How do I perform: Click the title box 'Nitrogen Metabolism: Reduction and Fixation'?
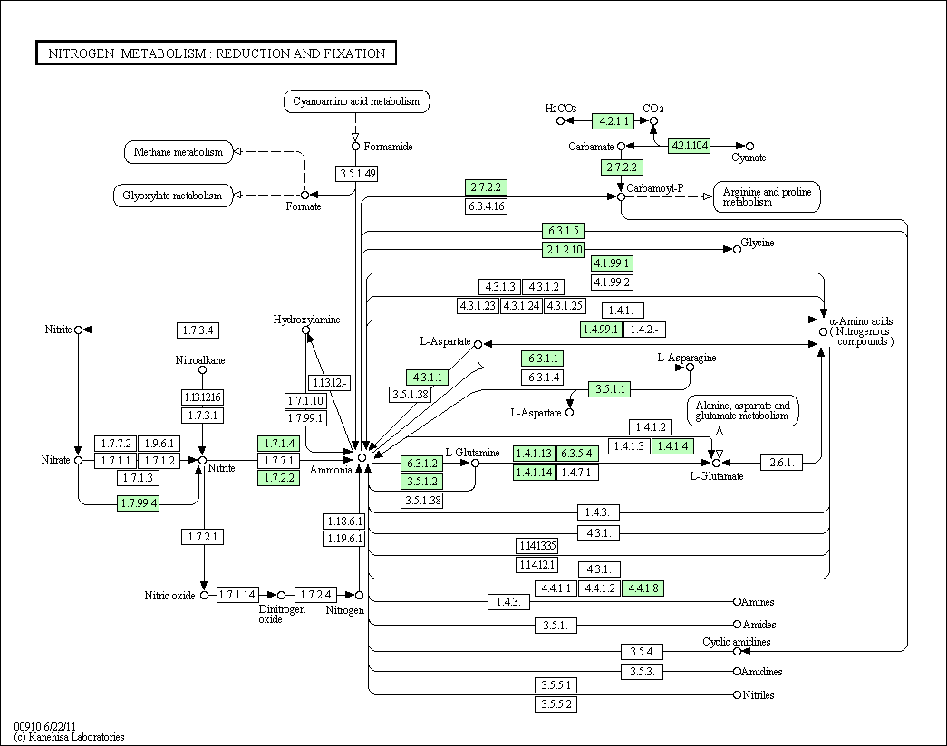tap(216, 53)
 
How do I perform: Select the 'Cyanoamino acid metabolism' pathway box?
tap(356, 101)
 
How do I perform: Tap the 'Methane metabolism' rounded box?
tap(178, 152)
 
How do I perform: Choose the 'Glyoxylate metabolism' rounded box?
tap(171, 196)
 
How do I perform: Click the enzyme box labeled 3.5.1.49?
tap(356, 174)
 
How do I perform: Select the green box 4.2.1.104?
tap(689, 145)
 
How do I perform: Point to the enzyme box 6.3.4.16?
tap(486, 206)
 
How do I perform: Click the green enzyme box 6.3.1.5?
tap(563, 231)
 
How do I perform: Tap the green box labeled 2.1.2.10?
tap(563, 249)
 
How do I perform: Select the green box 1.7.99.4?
tap(138, 502)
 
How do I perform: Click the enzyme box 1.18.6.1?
tap(343, 521)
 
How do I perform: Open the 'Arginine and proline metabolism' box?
tap(767, 196)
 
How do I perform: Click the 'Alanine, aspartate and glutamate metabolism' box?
tap(743, 411)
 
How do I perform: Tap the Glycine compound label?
tap(758, 243)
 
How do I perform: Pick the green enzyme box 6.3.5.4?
tap(575, 453)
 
